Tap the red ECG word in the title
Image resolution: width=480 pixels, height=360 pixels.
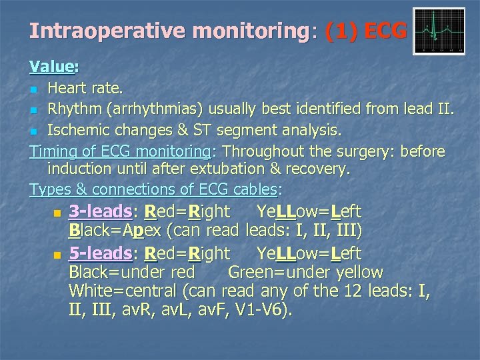click(x=385, y=31)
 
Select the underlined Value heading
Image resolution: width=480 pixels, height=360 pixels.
click(x=52, y=67)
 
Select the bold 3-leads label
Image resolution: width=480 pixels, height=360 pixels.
click(x=100, y=212)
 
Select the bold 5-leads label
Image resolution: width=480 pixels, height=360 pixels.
click(x=100, y=253)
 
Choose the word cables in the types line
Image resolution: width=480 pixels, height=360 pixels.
click(x=247, y=189)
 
